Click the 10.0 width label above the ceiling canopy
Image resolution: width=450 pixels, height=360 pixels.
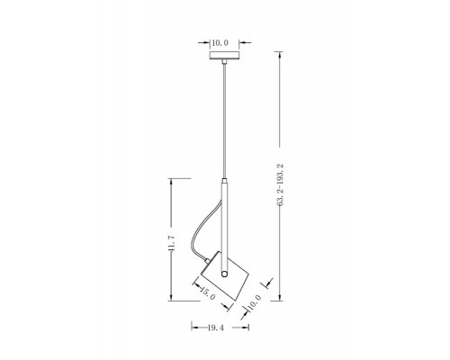(x=220, y=43)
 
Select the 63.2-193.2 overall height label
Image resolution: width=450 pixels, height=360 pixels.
(x=280, y=184)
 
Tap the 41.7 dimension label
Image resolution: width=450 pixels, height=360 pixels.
(x=172, y=242)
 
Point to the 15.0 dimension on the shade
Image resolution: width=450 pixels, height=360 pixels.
(x=207, y=293)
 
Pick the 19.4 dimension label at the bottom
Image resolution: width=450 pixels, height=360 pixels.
(x=216, y=328)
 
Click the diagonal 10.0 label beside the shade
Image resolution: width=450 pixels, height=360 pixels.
(x=255, y=302)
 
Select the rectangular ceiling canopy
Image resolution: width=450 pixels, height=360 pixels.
(x=224, y=56)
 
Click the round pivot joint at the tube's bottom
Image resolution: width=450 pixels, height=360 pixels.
(x=224, y=274)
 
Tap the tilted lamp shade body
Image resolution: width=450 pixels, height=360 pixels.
(x=225, y=276)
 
